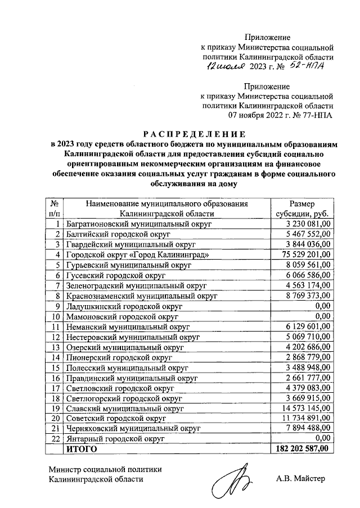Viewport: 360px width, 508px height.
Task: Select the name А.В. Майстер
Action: tap(301, 479)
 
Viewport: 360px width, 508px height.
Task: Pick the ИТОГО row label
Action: tap(82, 448)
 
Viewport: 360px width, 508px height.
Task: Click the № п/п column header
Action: tap(55, 208)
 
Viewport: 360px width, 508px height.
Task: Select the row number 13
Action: tap(56, 347)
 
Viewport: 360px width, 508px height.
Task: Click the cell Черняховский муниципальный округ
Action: tap(134, 428)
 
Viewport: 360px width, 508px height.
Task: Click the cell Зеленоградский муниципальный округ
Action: tap(137, 285)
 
